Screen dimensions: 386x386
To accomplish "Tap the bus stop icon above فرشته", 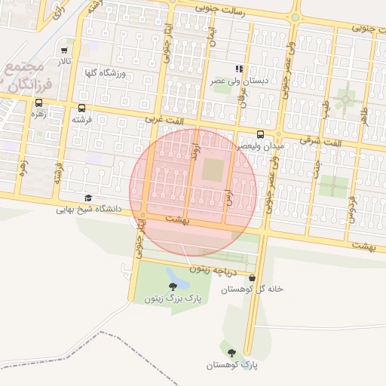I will coord(81,108).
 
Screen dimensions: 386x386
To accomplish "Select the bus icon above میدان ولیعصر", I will coord(260,136).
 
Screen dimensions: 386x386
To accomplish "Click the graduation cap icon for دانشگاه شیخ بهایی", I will coord(89,198).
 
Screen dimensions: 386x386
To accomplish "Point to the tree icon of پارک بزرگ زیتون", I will coord(174,286).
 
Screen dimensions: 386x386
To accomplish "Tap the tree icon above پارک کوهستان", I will coord(231,353).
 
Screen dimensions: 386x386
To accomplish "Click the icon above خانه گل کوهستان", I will coord(251,277).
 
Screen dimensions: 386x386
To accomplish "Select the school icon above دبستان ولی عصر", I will coord(239,69).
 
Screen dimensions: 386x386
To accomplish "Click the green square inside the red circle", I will coord(213,170).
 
